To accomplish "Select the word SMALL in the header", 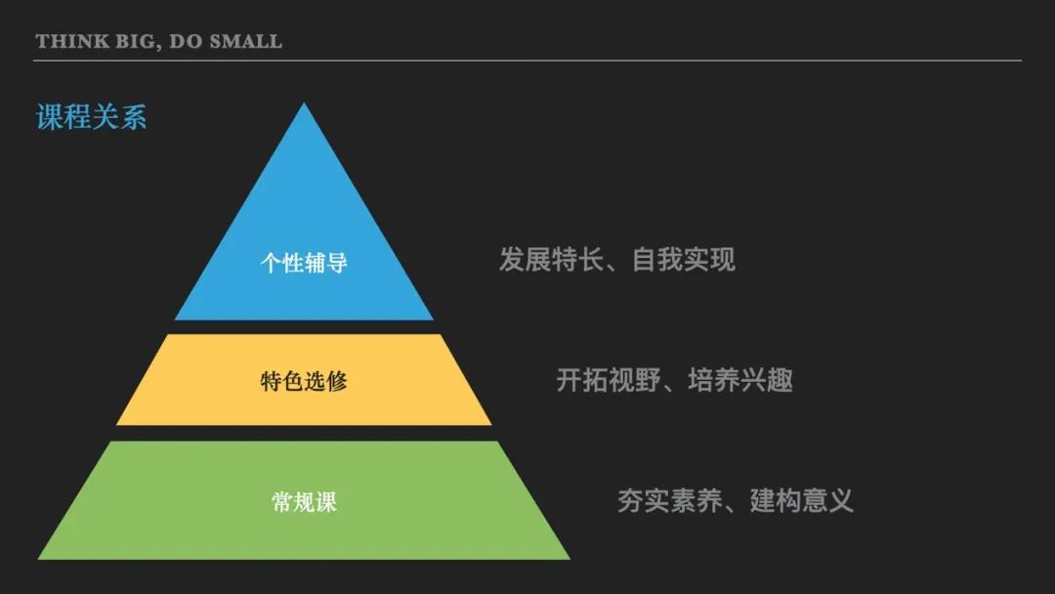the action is pyautogui.click(x=245, y=41).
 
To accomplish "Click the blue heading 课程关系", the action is pyautogui.click(x=91, y=117).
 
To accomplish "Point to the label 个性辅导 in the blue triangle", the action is pyautogui.click(x=304, y=263).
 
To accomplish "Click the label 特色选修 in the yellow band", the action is pyautogui.click(x=304, y=381).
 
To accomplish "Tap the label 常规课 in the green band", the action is pyautogui.click(x=304, y=502).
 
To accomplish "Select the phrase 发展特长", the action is pyautogui.click(x=551, y=260).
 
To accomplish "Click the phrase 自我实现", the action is pyautogui.click(x=684, y=260).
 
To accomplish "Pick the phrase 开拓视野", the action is pyautogui.click(x=609, y=380).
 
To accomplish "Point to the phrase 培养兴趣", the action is pyautogui.click(x=740, y=380).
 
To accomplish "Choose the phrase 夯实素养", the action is pyautogui.click(x=669, y=500).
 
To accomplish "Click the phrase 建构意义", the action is pyautogui.click(x=801, y=500).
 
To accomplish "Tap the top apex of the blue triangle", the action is pyautogui.click(x=304, y=103).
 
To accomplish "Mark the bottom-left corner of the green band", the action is pyautogui.click(x=38, y=559).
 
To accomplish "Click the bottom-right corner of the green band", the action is pyautogui.click(x=570, y=559).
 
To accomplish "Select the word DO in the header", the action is pyautogui.click(x=186, y=41).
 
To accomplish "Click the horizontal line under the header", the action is pyautogui.click(x=527, y=61).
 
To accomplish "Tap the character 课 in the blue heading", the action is pyautogui.click(x=49, y=117).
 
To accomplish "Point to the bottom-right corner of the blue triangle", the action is pyautogui.click(x=434, y=319).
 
